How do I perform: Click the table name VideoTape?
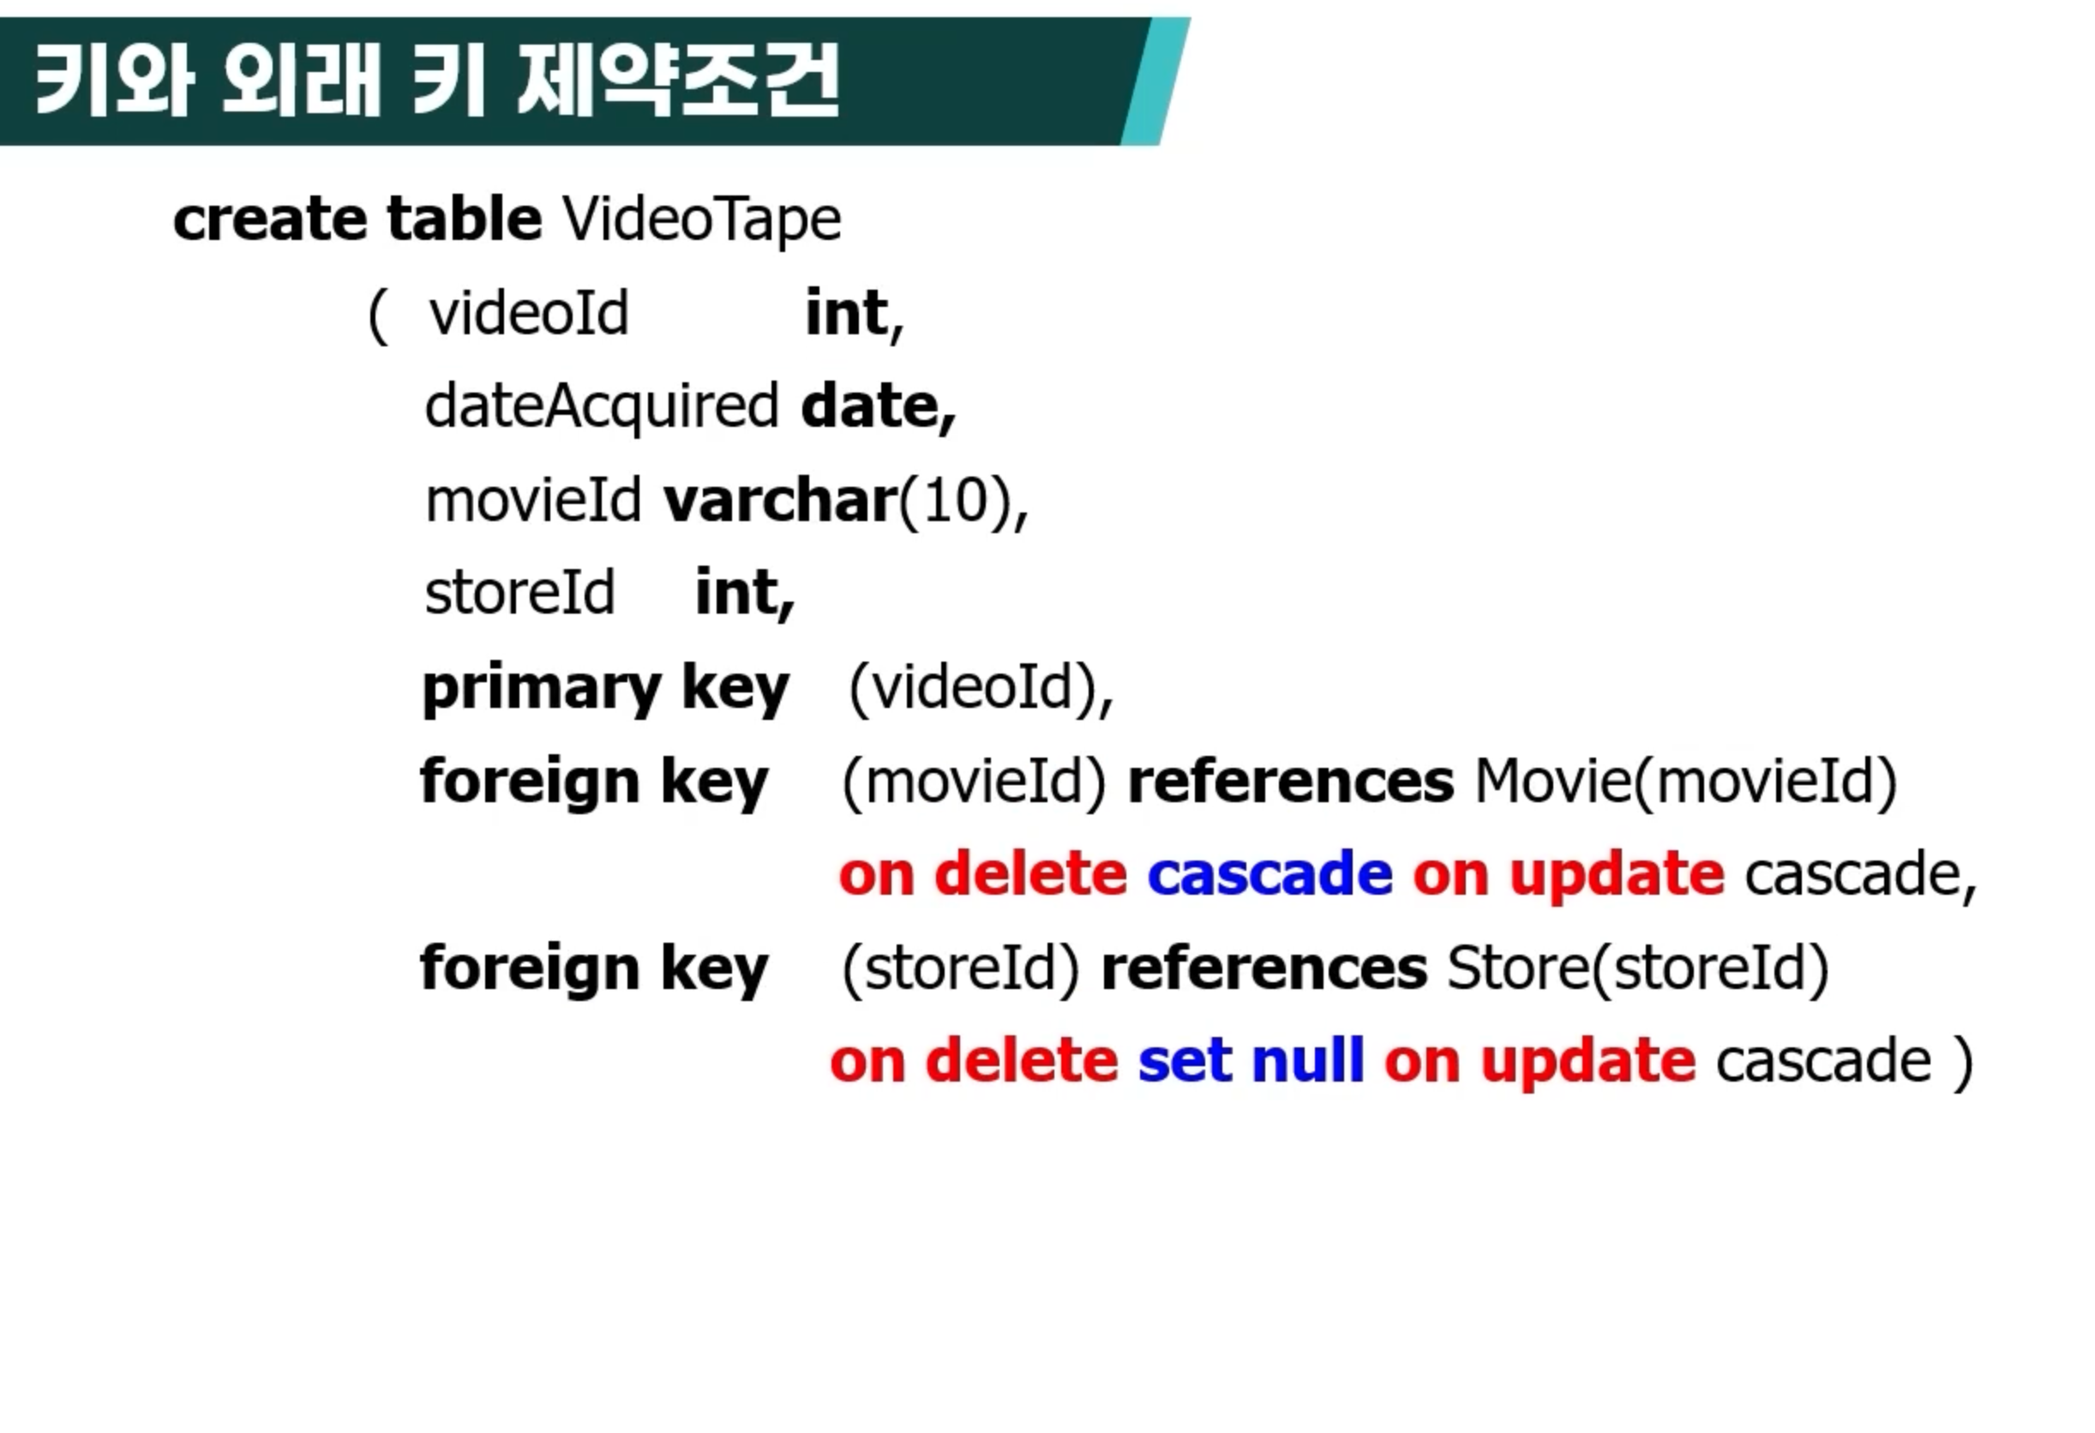coord(701,220)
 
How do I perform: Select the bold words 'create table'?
coord(357,219)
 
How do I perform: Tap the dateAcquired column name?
coord(601,407)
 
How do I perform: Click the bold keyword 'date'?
coord(878,406)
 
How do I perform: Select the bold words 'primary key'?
coord(606,689)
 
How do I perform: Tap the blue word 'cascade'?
coord(1270,873)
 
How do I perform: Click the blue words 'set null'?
coord(1252,1060)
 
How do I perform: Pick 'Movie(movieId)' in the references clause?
coord(1686,781)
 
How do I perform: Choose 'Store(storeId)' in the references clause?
coord(1638,968)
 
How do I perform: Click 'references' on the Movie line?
coord(1291,781)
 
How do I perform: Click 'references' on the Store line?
coord(1264,968)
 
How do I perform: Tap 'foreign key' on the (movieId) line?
coord(594,782)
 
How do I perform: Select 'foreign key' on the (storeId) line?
coord(594,968)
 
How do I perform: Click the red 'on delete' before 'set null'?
coord(975,1060)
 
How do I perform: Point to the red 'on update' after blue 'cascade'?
coord(1569,874)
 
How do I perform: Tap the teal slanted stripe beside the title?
coord(1156,81)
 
